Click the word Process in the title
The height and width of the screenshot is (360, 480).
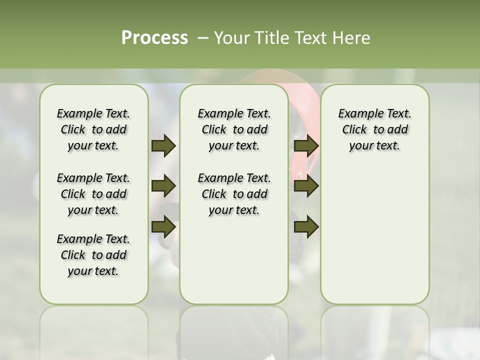154,37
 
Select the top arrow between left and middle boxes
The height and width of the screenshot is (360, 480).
163,145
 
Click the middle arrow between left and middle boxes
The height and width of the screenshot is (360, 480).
163,186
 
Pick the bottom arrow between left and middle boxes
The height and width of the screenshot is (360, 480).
163,226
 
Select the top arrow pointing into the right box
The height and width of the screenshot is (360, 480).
306,145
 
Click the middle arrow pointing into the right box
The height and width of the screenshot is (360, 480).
306,186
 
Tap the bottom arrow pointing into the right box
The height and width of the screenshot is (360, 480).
306,226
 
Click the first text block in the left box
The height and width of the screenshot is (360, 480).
93,129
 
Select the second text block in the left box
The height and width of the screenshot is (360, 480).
93,194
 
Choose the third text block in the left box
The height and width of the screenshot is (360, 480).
93,255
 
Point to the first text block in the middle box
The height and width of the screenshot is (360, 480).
234,129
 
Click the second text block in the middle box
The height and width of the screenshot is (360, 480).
234,194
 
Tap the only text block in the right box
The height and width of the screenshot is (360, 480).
374,129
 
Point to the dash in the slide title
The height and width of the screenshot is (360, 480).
203,37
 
